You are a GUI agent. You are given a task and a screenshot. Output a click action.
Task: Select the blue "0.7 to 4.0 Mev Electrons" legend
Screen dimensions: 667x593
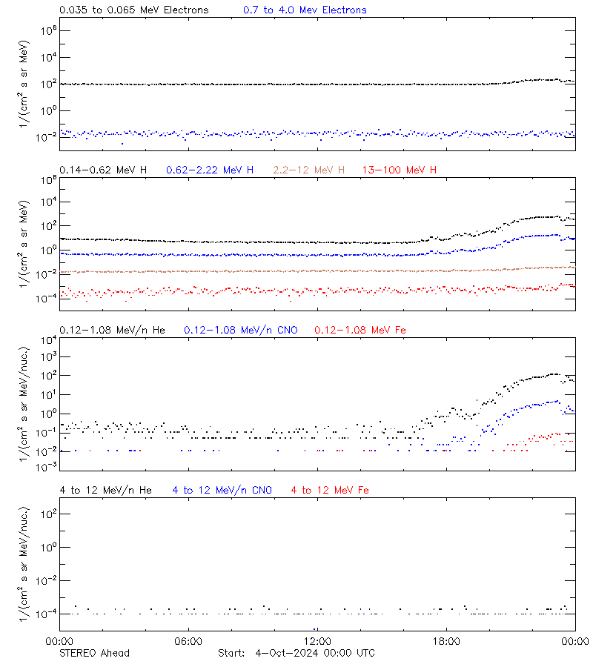coord(305,10)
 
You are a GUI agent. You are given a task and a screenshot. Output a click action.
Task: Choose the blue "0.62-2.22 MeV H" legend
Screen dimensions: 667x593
coord(210,170)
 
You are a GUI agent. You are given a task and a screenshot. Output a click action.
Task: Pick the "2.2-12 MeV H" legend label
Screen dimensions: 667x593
coord(309,170)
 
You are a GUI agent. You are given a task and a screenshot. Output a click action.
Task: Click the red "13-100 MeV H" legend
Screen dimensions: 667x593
coord(400,170)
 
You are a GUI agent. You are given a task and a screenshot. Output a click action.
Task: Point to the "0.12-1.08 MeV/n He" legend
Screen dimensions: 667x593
coord(115,330)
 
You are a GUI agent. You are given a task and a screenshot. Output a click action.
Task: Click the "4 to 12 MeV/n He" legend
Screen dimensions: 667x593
coord(105,490)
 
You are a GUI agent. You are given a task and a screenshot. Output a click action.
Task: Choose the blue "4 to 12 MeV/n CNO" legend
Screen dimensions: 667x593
coord(222,490)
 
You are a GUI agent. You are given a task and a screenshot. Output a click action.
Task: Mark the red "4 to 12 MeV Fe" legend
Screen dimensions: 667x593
coord(330,490)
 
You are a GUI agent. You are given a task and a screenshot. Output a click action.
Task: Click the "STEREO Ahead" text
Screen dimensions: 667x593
coord(94,653)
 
